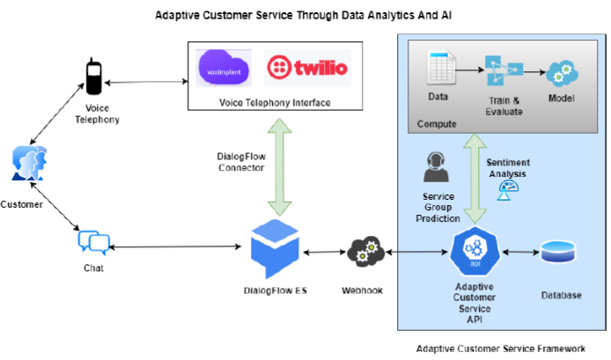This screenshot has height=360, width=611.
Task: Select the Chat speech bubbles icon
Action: [x=92, y=241]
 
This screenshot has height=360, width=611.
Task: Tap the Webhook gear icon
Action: [x=362, y=253]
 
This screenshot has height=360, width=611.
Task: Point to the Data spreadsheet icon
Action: [x=438, y=70]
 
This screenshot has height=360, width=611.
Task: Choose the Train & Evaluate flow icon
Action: [x=500, y=72]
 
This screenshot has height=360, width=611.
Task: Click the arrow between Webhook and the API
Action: [x=417, y=253]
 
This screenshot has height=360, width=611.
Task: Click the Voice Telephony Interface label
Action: [x=276, y=103]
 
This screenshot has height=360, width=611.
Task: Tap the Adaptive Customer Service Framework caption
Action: [x=500, y=349]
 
